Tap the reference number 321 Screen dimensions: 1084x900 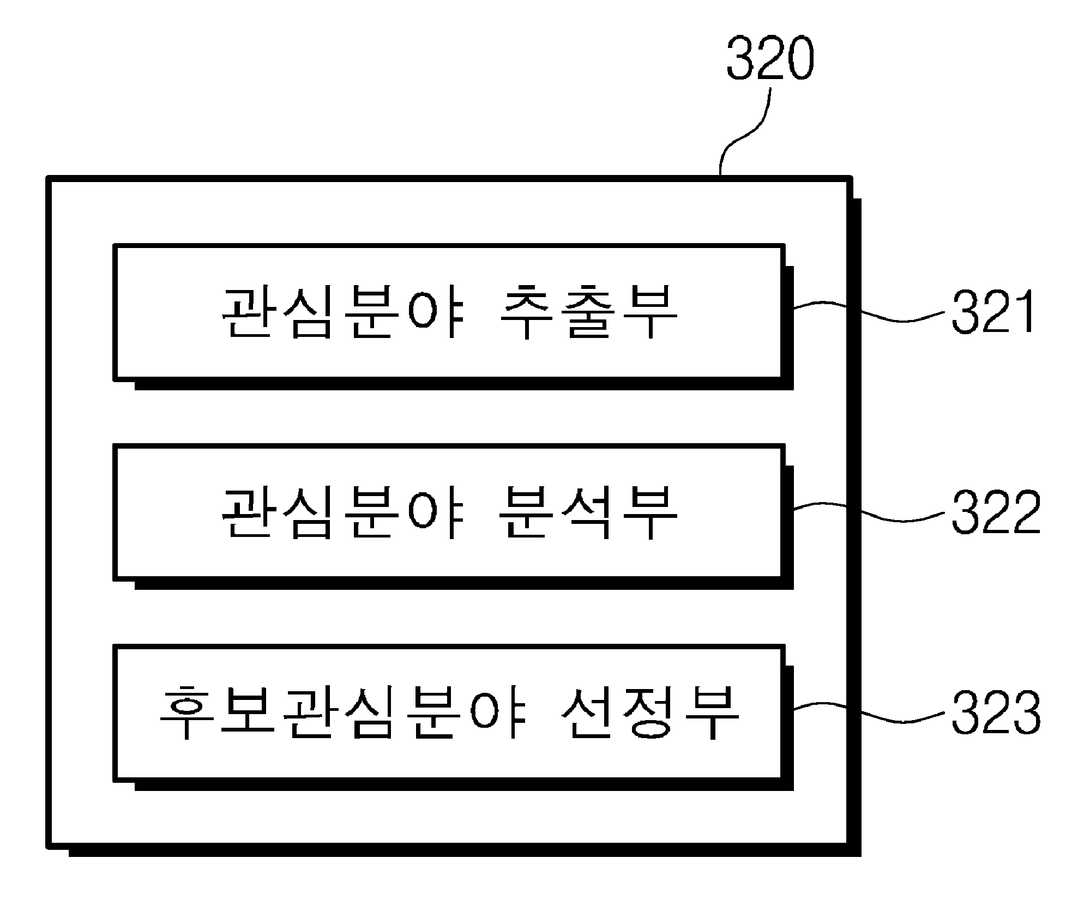(x=993, y=312)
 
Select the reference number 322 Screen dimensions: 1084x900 (x=996, y=511)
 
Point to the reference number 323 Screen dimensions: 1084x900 (x=996, y=712)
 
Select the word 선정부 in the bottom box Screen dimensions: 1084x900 (x=649, y=714)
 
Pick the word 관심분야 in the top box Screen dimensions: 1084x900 (x=342, y=313)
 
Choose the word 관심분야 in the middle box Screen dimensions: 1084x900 (x=342, y=513)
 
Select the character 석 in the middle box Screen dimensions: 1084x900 (x=589, y=513)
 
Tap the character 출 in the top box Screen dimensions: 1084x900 (x=589, y=313)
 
